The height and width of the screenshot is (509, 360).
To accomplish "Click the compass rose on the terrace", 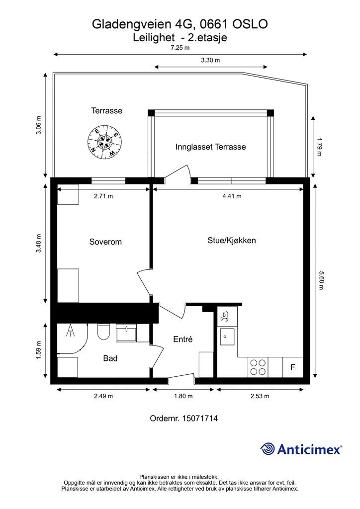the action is coord(105,142).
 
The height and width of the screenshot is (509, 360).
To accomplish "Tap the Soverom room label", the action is coord(105,242).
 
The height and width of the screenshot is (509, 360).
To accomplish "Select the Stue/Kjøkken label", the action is coord(231,241).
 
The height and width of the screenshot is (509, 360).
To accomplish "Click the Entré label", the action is coord(183,339).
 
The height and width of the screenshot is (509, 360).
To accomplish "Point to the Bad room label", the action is coord(110,358).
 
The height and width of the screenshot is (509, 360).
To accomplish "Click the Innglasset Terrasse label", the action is coord(210,147).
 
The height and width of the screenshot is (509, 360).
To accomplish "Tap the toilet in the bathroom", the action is coord(104,332).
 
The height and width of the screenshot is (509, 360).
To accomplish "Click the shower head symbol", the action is coord(70,331).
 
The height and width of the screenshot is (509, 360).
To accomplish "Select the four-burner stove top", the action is coord(258,367).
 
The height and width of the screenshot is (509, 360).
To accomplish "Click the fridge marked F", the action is coord(293,367).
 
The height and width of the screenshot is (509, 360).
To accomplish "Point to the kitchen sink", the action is coord(227,337).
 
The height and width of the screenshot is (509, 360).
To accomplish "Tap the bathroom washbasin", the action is coord(126,333).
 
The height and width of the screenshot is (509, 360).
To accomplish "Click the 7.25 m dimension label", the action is coord(180,48).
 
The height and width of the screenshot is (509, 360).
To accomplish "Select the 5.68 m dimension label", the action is coord(320,280).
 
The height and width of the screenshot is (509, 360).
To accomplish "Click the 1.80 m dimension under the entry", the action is coord(183,396).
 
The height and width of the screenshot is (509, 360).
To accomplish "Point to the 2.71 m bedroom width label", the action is coord(103,196).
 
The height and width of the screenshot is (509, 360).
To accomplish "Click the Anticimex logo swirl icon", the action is coord(268,449).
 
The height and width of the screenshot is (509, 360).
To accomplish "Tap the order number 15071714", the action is coord(200,418).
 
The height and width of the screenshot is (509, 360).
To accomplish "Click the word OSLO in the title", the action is coord(250,24).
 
